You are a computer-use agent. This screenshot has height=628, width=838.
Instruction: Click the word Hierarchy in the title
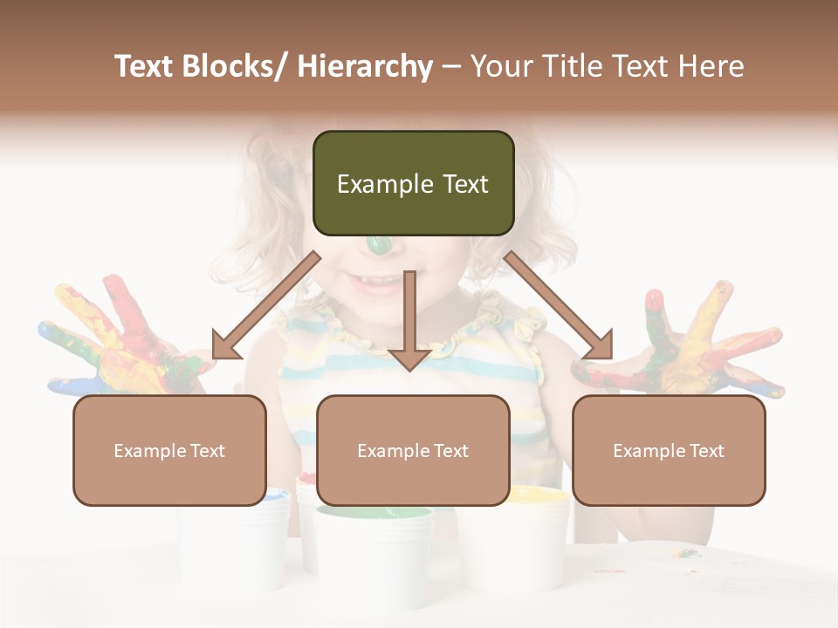(x=365, y=66)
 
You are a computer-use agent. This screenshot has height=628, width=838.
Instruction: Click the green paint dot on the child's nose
(x=379, y=246)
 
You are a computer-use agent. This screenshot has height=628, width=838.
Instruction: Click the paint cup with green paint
(x=374, y=549)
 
